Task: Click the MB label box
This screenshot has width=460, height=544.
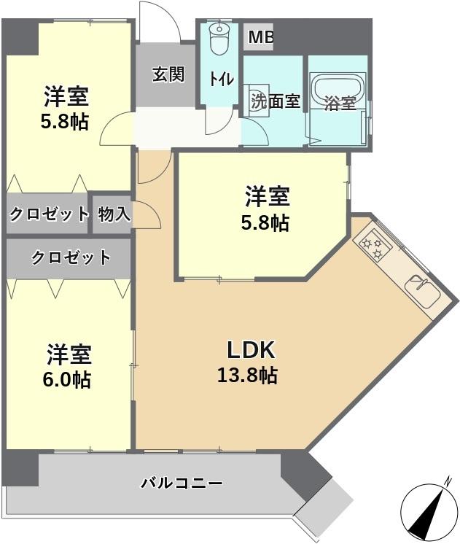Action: (x=260, y=37)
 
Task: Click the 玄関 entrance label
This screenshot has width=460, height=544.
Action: (x=168, y=74)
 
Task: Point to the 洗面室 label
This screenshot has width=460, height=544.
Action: (x=276, y=101)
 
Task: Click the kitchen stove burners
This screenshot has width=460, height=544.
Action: (x=374, y=244)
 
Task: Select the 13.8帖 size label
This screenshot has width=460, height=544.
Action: (x=247, y=376)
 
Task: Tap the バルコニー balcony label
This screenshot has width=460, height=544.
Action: (x=182, y=483)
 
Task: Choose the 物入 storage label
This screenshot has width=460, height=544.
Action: (x=114, y=214)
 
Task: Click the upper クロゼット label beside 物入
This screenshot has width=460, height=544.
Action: (x=49, y=214)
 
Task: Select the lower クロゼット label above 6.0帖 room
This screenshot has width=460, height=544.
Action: (x=71, y=257)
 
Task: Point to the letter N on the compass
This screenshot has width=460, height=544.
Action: (x=449, y=481)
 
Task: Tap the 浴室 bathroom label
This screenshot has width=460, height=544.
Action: (x=340, y=104)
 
